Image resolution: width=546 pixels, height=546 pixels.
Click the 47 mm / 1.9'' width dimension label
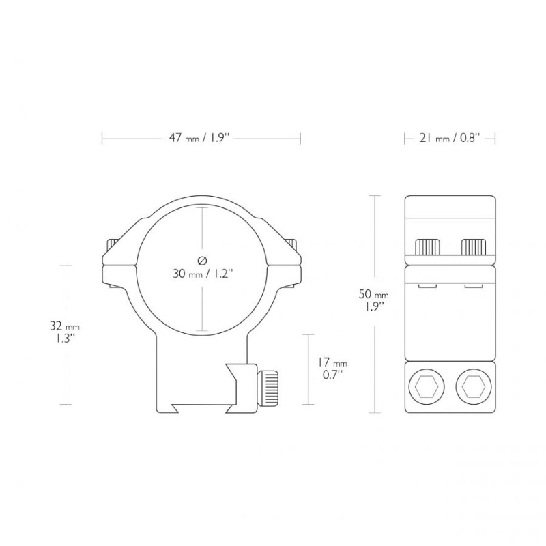click(199, 138)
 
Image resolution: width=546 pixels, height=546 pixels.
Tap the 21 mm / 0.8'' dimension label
click(450, 138)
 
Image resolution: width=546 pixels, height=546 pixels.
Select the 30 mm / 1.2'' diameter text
click(203, 274)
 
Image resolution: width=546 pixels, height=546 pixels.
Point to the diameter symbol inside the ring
click(202, 261)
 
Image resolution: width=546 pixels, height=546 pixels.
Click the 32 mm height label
click(65, 326)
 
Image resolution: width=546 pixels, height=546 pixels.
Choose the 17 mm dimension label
click(332, 362)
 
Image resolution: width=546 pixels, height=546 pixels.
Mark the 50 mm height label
click(373, 294)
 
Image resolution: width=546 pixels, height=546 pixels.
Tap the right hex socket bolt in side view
click(473, 386)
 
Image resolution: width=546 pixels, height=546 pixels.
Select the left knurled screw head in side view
click(427, 247)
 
